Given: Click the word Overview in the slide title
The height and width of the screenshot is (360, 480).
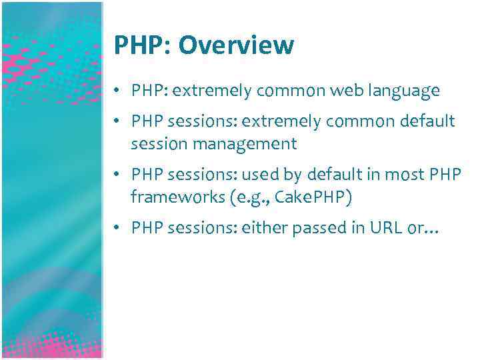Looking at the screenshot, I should (237, 45).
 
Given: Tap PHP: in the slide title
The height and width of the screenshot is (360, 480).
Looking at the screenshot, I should (142, 45).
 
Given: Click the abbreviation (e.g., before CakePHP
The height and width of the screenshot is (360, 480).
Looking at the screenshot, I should (230, 198).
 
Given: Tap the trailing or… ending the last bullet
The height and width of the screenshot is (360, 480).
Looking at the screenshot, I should (425, 229).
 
